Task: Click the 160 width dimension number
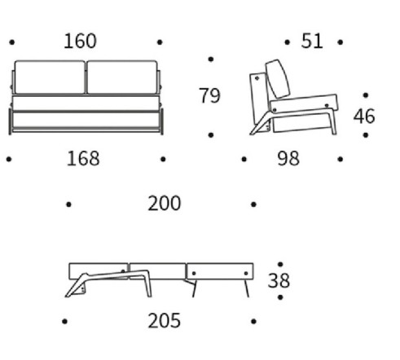point(80,41)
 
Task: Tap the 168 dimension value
point(83,159)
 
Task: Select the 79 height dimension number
point(209,95)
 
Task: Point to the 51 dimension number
point(312,41)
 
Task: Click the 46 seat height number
point(364,116)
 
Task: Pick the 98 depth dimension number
point(288,159)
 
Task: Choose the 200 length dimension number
point(165,204)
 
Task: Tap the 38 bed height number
point(279,280)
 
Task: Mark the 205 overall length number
point(165,321)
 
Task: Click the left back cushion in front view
point(50,77)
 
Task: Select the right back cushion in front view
point(122,77)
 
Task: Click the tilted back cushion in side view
point(278,79)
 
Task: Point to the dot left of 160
point(12,42)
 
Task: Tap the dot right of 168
point(163,159)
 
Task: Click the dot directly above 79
point(211,59)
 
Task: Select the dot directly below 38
point(280,297)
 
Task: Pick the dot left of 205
point(64,322)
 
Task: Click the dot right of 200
point(253,204)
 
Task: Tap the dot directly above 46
point(366,95)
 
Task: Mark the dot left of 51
point(287,42)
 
